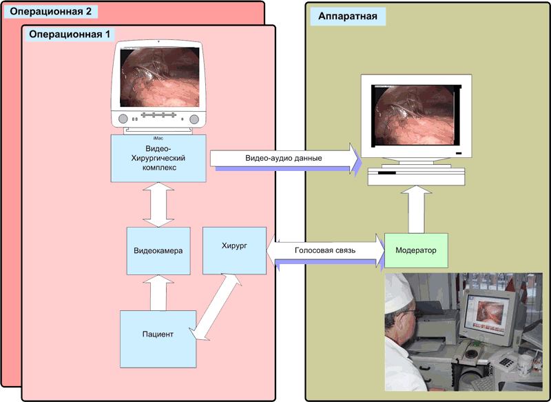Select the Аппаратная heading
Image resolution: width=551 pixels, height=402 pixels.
pyautogui.click(x=347, y=17)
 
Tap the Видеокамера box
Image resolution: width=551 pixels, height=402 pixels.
pyautogui.click(x=158, y=250)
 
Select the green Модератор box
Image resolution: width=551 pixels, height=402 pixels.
pyautogui.click(x=417, y=250)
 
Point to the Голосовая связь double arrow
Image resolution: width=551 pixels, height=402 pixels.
pyautogui.click(x=325, y=250)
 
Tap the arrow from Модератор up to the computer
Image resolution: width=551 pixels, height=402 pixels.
pyautogui.click(x=417, y=210)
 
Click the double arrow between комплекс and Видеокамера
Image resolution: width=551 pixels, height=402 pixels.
pyautogui.click(x=158, y=204)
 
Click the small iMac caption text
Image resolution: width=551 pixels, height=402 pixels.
pyautogui.click(x=158, y=138)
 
